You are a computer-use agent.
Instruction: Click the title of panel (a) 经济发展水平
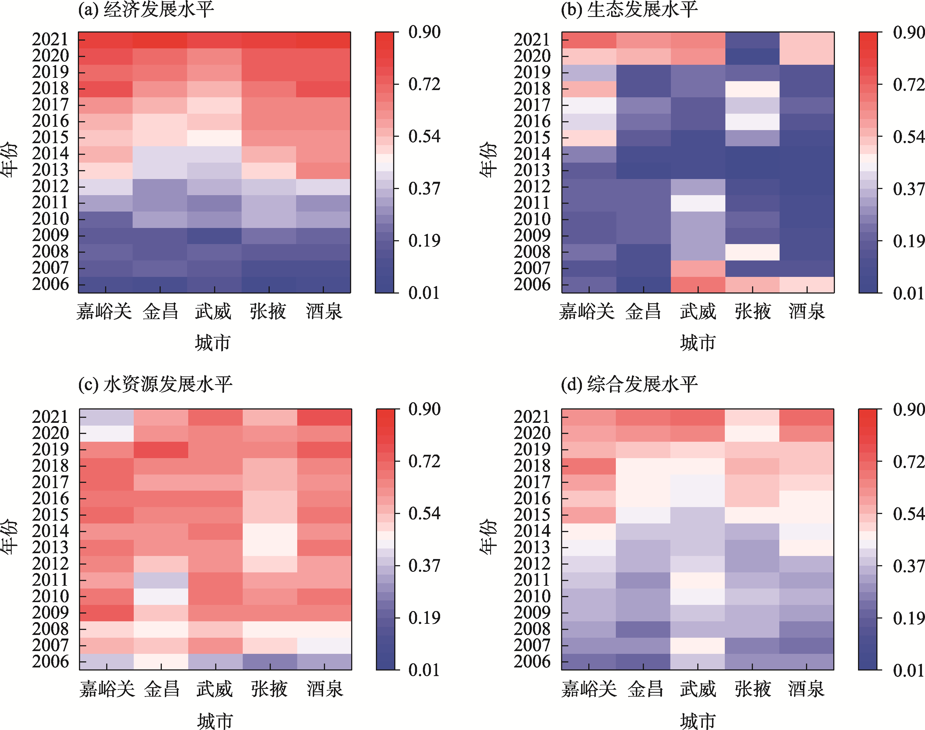(x=146, y=9)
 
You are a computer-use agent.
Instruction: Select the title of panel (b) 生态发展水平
(x=629, y=9)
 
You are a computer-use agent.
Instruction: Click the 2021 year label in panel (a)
(x=50, y=39)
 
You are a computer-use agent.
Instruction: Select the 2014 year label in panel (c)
(x=50, y=531)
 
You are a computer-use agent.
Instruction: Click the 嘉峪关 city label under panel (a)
(x=104, y=311)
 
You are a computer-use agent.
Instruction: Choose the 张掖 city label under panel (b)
(x=753, y=311)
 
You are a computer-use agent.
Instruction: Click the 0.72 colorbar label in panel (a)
(x=424, y=85)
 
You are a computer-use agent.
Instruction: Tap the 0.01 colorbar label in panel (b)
(x=908, y=293)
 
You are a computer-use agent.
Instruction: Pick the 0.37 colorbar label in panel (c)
(x=424, y=565)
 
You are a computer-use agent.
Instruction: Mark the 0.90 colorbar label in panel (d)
(x=908, y=409)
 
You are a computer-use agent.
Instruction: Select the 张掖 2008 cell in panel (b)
(x=752, y=252)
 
